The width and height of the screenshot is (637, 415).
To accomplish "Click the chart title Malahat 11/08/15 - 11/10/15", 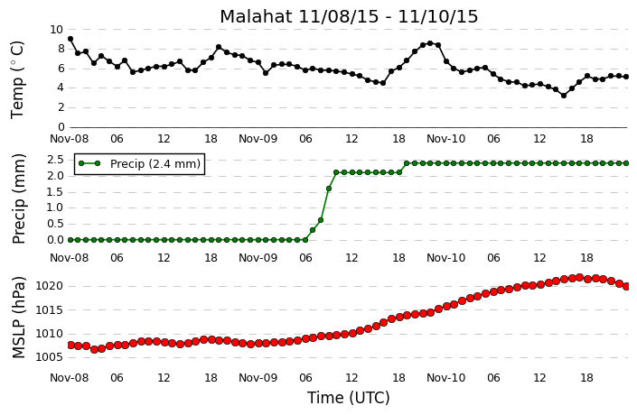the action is tap(349, 16).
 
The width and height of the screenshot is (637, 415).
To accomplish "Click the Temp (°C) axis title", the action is tap(17, 80).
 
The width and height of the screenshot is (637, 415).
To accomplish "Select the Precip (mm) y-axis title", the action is tap(18, 198).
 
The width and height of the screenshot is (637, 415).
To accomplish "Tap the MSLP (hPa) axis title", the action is tap(18, 318).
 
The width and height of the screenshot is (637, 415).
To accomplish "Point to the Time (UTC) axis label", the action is tap(348, 398).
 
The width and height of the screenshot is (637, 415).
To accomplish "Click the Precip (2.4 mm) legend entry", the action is tap(140, 164).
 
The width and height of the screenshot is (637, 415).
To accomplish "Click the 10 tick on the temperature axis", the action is tap(56, 30).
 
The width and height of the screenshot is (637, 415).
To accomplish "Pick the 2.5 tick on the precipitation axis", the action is tap(56, 160).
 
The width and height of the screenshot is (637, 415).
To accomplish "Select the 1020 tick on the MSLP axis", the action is tap(50, 286).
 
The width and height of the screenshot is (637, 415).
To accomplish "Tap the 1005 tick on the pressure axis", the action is tap(50, 357).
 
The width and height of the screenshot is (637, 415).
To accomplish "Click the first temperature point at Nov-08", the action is tap(70, 39).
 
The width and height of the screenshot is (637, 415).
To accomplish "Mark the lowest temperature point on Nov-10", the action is tap(564, 96).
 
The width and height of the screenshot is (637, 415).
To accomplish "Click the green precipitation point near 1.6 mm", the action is tap(329, 189).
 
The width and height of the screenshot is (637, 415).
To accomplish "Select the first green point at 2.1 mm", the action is tap(336, 172).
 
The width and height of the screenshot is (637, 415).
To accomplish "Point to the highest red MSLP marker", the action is tap(579, 278).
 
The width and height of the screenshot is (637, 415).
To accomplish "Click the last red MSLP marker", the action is tap(626, 286).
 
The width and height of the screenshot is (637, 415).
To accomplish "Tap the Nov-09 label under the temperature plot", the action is tap(258, 139).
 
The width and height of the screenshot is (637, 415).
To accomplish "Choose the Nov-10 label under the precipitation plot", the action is tap(446, 258).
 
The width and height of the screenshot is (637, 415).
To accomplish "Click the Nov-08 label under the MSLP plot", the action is tap(69, 378).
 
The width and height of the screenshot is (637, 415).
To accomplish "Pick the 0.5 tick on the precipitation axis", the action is tap(56, 224).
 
